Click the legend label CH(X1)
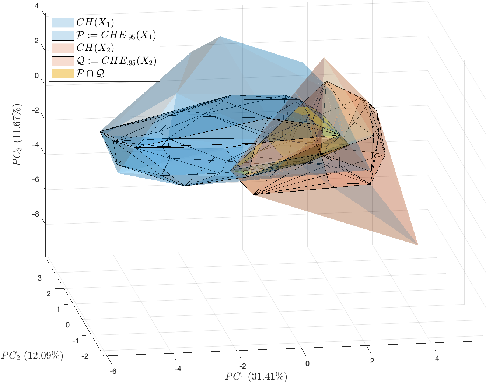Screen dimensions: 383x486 pos(95,22)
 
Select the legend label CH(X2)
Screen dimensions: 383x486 pos(95,48)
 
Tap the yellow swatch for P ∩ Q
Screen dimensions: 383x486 pos(63,73)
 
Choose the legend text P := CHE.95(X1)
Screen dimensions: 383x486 pos(116,35)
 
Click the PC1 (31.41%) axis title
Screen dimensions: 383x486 pos(256,377)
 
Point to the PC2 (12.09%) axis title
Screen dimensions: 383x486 pos(32,355)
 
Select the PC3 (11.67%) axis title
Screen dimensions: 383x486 pos(17,135)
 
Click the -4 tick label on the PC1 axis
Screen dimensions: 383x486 pos(178,369)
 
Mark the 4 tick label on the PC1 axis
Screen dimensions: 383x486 pos(437,358)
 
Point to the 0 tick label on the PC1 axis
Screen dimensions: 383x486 pos(308,363)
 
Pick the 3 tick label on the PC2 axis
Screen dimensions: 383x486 pos(39,278)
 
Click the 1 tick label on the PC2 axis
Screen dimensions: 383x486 pos(58,309)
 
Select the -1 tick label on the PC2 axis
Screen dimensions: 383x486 pos(76,341)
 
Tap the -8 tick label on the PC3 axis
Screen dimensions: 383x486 pos(35,214)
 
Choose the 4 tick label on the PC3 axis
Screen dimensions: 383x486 pos(36,6)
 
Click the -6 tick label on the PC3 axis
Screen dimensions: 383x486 pos(35,180)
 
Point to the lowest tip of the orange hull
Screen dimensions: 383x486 pos(418,245)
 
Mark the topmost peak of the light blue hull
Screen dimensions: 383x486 pos(220,36)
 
